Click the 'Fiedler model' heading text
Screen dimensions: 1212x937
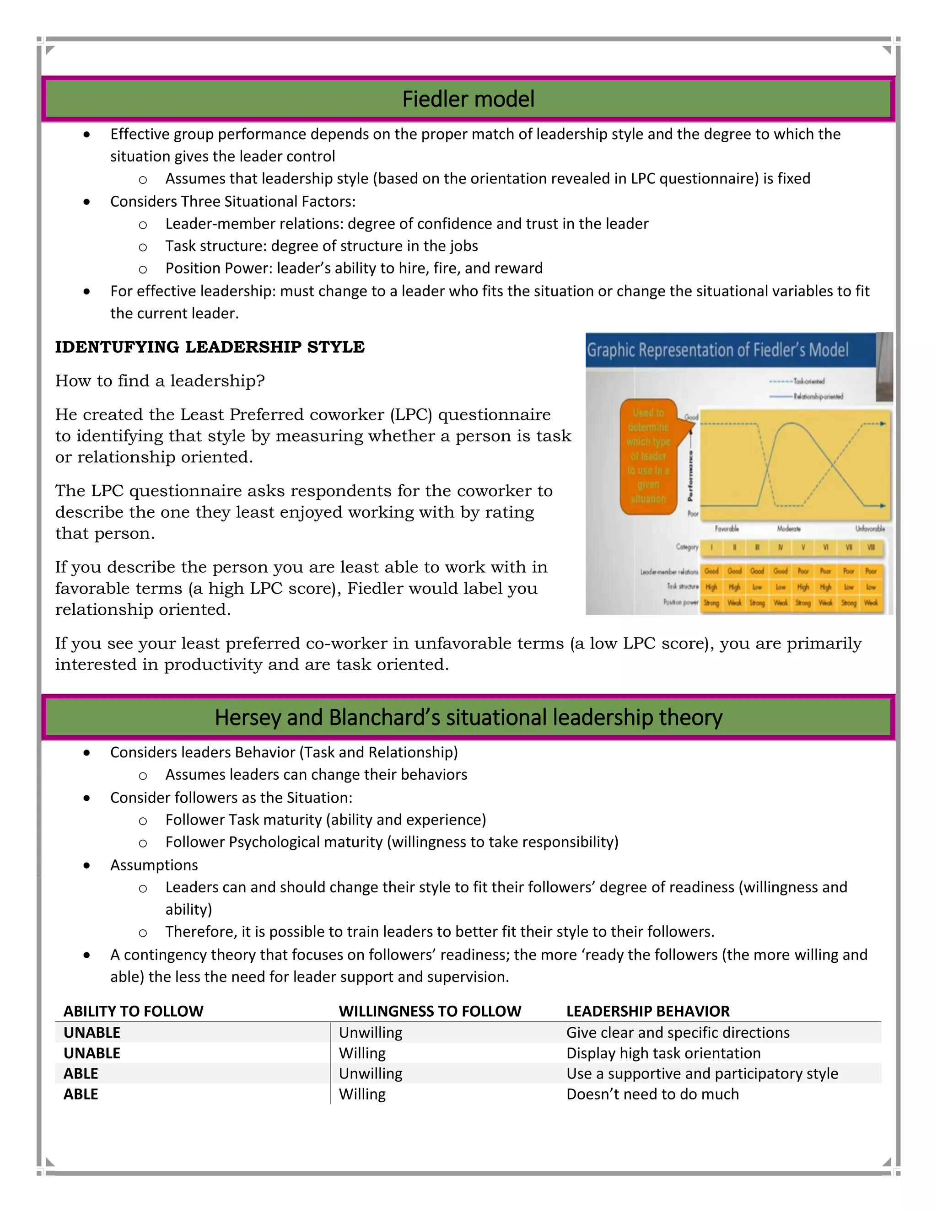tap(468, 99)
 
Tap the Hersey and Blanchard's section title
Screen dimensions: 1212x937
tap(468, 717)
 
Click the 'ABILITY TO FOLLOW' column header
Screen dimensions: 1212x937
tap(133, 1011)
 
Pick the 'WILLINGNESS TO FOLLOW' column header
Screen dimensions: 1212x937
tap(430, 1011)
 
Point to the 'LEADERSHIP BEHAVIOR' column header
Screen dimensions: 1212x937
tap(647, 1011)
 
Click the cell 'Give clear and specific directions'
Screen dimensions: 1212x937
tap(677, 1032)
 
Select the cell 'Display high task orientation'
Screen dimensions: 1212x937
tap(663, 1053)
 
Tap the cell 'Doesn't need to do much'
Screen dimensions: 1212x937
tap(652, 1094)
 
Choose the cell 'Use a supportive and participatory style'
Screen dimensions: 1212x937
tap(702, 1073)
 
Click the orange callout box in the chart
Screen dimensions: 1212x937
tap(648, 456)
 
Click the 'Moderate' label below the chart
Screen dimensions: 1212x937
tap(788, 529)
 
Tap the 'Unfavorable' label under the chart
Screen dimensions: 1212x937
tap(869, 529)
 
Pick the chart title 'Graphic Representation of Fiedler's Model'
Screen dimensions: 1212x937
tap(717, 350)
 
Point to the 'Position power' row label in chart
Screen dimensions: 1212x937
tap(680, 602)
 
